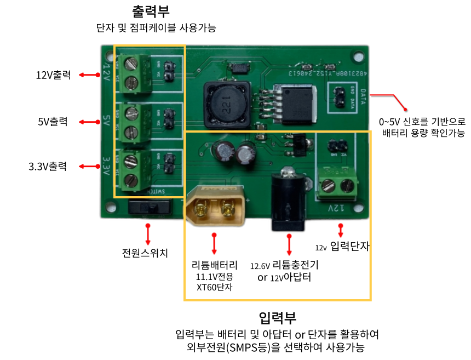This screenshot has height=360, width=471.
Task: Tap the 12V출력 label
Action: (x=53, y=75)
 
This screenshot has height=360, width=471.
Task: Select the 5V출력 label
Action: (x=53, y=122)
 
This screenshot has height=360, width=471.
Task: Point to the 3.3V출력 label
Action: (x=48, y=166)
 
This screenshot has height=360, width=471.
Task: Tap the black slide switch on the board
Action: (x=148, y=207)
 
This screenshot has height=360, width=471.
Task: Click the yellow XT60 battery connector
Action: (x=215, y=210)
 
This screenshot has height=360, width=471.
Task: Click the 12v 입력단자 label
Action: (x=343, y=247)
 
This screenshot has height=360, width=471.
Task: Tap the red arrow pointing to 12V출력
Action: (x=88, y=75)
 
